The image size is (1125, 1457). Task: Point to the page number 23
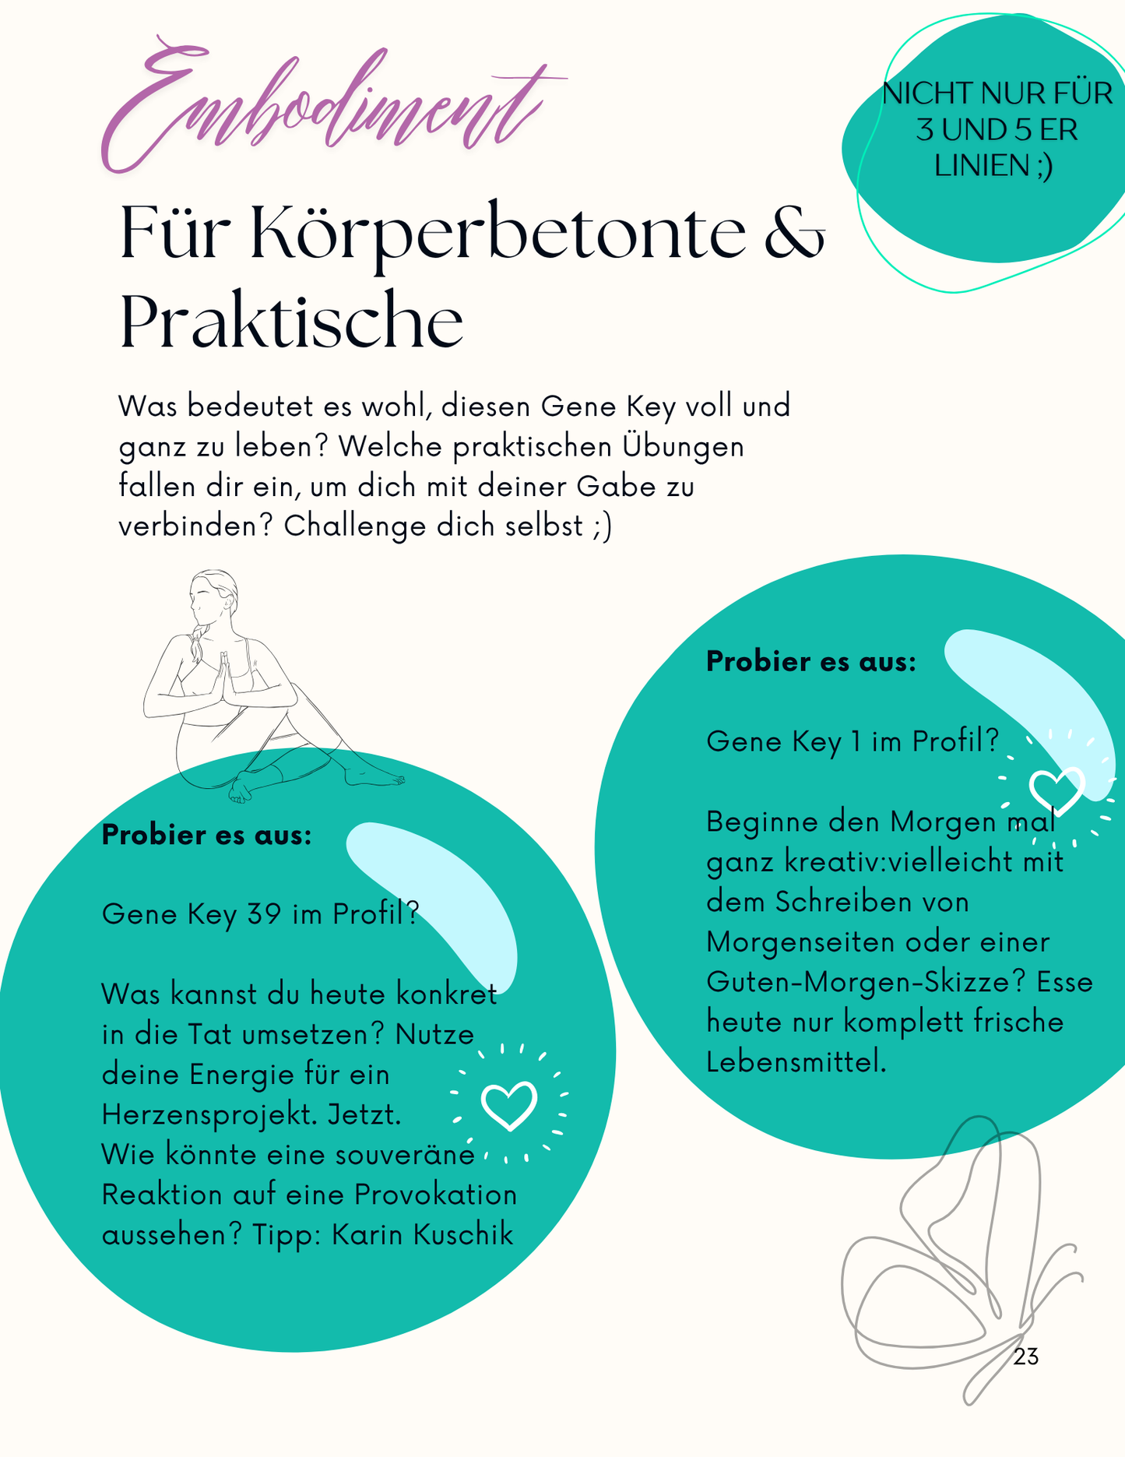[1026, 1357]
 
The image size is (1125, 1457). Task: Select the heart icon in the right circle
[1056, 790]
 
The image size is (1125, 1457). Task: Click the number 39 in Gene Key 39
[265, 913]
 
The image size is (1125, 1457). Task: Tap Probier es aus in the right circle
[810, 661]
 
